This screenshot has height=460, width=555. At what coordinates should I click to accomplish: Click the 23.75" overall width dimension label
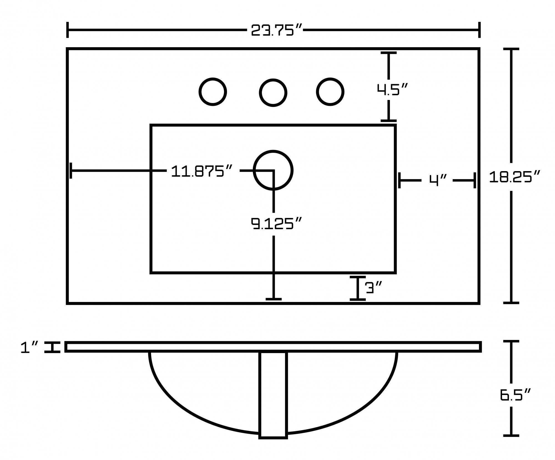click(276, 30)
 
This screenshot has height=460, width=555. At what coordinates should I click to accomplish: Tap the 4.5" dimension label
click(392, 89)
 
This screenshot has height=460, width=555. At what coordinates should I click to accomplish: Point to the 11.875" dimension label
click(201, 171)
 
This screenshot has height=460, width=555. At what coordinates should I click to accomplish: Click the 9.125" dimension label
click(276, 224)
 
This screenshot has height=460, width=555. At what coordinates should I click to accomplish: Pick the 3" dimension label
click(374, 287)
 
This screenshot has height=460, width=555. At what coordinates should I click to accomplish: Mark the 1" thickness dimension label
click(29, 347)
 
